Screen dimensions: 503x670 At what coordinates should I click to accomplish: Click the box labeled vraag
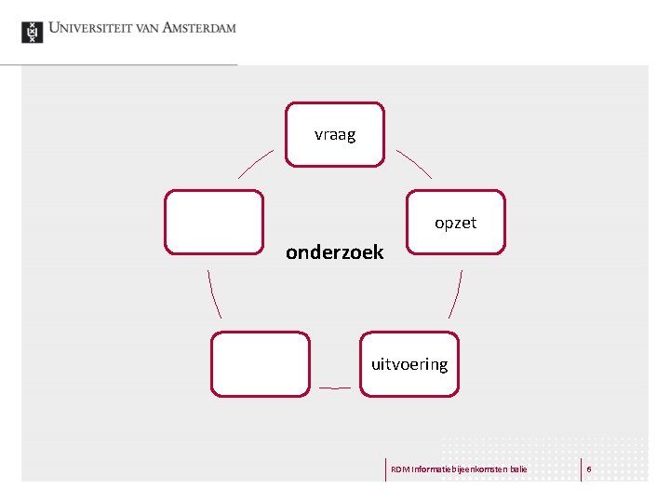[335, 134]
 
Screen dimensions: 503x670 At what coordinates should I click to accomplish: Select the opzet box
[456, 223]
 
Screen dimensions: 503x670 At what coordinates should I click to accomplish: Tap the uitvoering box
[409, 364]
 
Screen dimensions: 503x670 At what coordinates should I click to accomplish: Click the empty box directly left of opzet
[214, 223]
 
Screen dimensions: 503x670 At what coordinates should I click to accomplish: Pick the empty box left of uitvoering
[261, 364]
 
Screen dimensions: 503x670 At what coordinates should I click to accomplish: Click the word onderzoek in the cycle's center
[334, 252]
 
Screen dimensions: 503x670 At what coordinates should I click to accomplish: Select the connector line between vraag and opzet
[414, 163]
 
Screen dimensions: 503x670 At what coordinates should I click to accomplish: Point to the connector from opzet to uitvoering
[455, 294]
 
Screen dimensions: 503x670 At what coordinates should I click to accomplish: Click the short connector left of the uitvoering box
[335, 387]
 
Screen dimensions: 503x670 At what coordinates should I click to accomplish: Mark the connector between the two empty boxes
[215, 294]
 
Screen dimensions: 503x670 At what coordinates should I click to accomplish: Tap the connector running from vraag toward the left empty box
[256, 163]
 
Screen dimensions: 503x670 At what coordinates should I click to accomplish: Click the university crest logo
[33, 32]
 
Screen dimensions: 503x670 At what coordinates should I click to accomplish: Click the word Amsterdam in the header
[199, 28]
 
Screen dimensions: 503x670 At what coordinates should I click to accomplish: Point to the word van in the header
[146, 28]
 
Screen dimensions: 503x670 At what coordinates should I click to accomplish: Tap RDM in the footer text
[398, 469]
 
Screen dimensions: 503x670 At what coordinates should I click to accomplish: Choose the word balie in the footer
[517, 469]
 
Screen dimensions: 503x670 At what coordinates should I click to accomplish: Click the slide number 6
[589, 469]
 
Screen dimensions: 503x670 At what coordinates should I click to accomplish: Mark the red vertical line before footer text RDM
[385, 469]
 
